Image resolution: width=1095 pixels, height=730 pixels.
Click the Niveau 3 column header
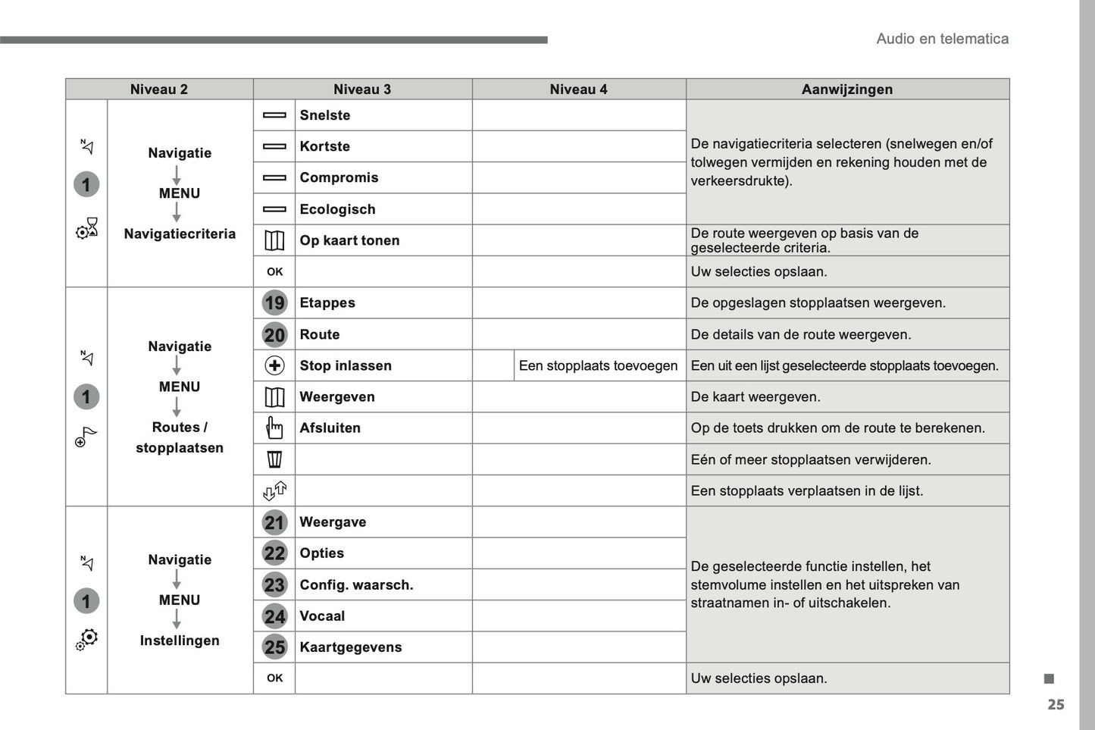(362, 89)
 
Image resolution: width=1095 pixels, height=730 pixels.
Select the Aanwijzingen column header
(846, 89)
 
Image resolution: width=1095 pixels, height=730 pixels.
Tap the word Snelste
(325, 115)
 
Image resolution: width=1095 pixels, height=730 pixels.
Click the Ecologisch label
(337, 209)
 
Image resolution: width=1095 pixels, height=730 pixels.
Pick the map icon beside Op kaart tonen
(274, 240)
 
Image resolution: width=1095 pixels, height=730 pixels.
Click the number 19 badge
(274, 303)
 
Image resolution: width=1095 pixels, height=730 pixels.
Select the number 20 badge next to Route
(274, 334)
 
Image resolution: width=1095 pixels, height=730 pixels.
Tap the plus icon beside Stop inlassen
(274, 365)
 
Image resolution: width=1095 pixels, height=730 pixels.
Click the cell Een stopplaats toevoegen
(598, 365)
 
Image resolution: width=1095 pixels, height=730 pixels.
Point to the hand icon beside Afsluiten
(274, 428)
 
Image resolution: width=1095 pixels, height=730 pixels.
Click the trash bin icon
(274, 459)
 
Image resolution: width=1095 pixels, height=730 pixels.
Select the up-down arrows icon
(274, 490)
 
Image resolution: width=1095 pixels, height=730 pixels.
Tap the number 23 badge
(274, 584)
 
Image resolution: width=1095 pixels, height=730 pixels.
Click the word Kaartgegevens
(350, 647)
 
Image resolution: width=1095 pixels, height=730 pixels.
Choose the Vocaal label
(322, 616)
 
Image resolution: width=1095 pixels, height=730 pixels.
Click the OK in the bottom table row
(274, 678)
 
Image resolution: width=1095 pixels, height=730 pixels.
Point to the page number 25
(1056, 705)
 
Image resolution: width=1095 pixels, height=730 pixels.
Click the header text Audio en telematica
(942, 39)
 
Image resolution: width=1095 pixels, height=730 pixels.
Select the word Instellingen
(180, 641)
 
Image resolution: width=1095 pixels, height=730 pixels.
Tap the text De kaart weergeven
(755, 396)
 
